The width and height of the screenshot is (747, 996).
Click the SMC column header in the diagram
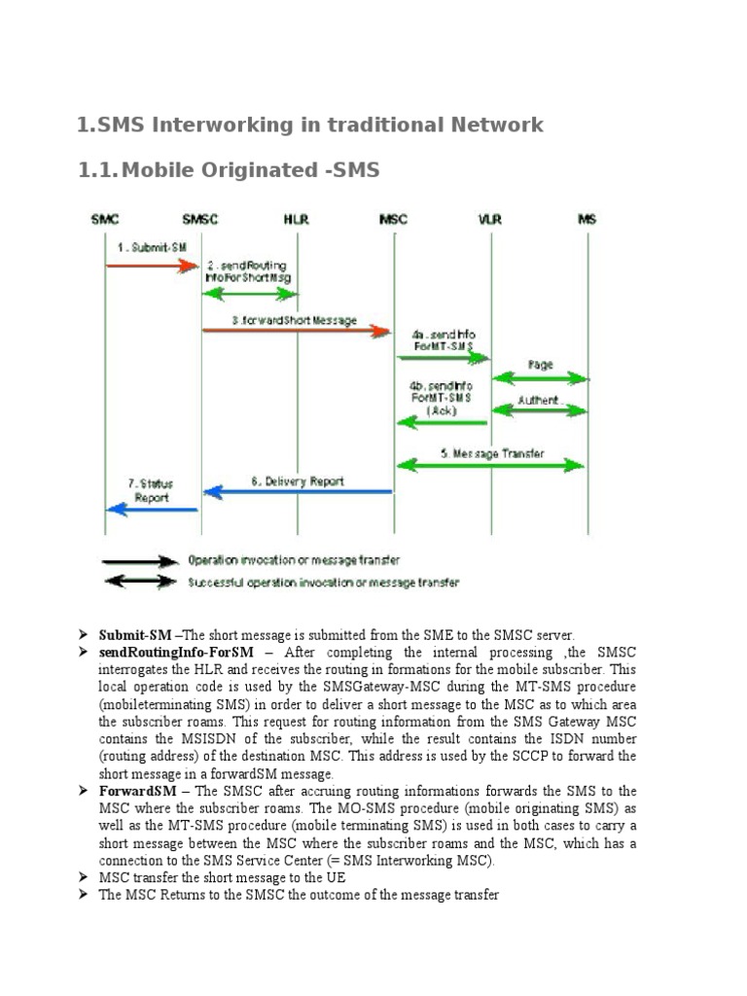[105, 220]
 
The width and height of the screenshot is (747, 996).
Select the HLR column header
[296, 220]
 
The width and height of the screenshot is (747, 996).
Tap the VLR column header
[490, 220]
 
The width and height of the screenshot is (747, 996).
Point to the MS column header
[586, 220]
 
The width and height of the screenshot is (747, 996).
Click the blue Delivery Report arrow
[298, 491]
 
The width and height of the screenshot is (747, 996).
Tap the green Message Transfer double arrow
[490, 465]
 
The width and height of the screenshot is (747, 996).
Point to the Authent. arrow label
[538, 399]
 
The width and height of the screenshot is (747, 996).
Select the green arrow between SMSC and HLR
[249, 294]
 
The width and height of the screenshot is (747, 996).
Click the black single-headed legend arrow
[142, 561]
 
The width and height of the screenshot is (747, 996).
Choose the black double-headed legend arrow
[142, 582]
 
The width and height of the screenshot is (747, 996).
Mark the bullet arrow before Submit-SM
[84, 634]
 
